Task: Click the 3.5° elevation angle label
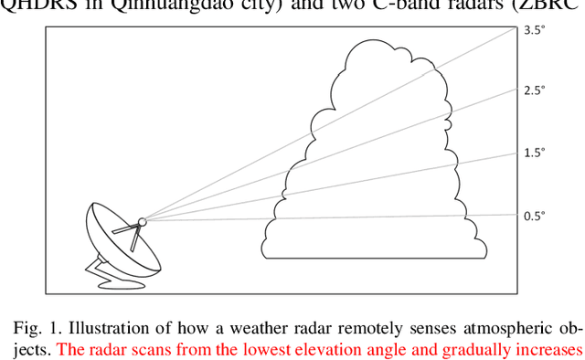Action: tap(534, 30)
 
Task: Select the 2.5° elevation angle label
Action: tap(534, 90)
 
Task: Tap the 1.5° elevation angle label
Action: tap(534, 153)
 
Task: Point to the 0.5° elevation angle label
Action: tap(534, 217)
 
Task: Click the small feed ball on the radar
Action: tap(142, 220)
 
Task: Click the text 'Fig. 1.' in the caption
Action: tap(37, 329)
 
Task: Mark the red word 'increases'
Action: tap(550, 350)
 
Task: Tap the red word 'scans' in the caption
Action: tap(151, 350)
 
